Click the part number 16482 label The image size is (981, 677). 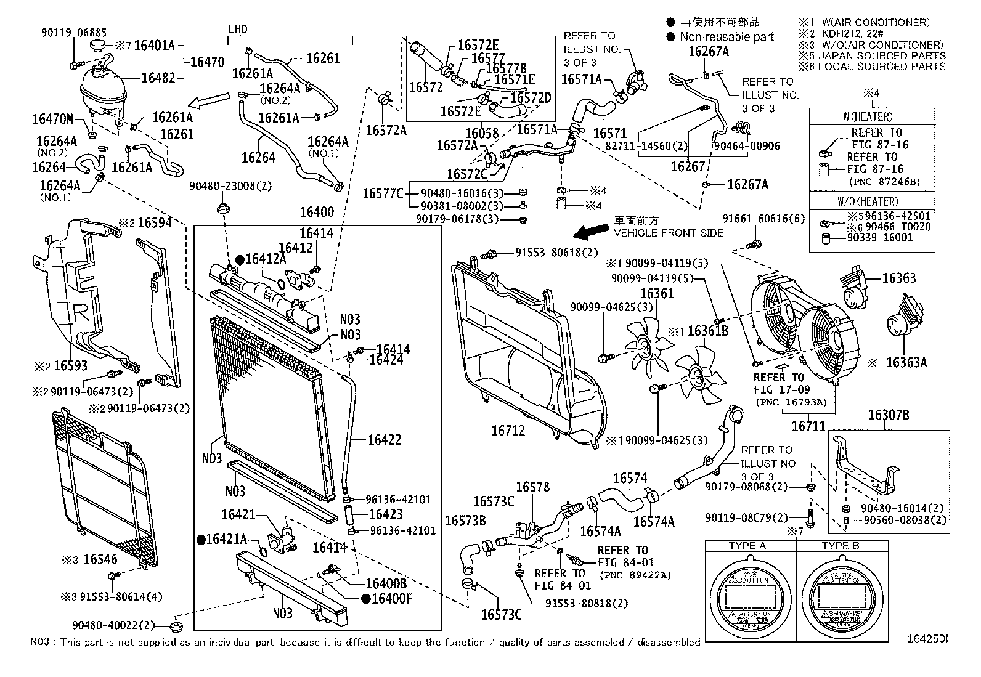click(158, 78)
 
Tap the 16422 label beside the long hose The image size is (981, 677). click(385, 440)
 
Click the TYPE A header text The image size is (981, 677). click(747, 546)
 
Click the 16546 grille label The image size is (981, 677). click(100, 559)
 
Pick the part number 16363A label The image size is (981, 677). click(906, 363)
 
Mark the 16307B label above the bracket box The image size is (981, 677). click(889, 416)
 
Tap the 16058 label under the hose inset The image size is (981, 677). click(482, 133)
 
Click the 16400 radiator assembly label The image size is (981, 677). click(317, 213)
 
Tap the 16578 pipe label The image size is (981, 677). click(532, 488)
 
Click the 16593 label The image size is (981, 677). click(70, 366)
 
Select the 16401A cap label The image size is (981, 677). click(154, 45)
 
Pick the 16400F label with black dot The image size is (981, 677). click(391, 598)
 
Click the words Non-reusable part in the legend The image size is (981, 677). click(727, 37)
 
